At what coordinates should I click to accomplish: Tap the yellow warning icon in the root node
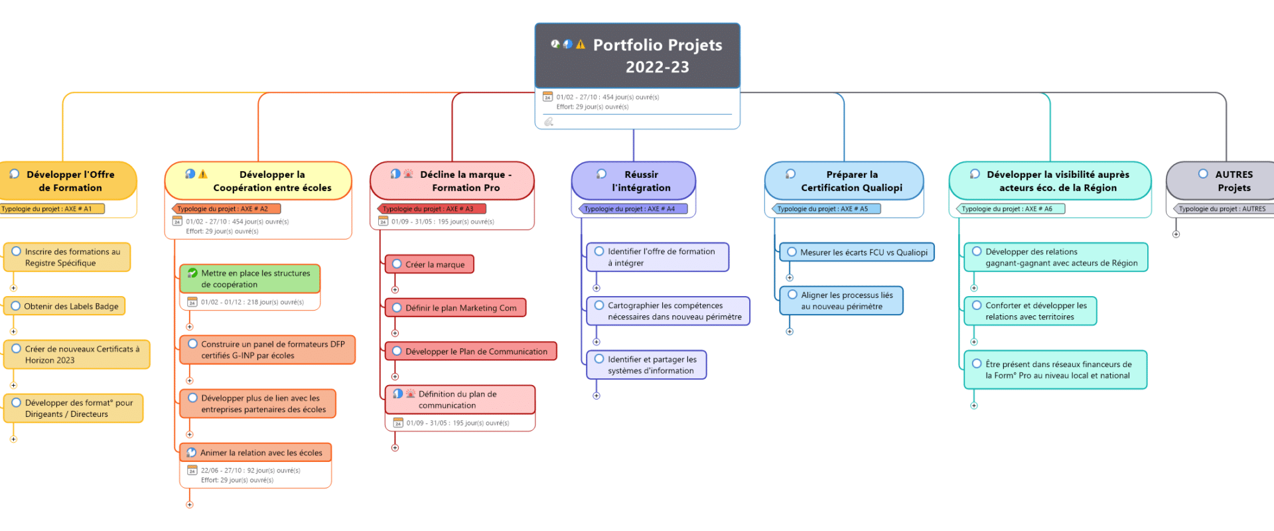point(581,44)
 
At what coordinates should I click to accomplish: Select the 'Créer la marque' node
point(429,264)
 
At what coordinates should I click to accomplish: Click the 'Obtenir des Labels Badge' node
point(65,306)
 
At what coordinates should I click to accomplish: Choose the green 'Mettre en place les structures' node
point(250,279)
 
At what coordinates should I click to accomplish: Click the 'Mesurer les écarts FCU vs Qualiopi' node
point(857,252)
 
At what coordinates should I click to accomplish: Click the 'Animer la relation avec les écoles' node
point(255,453)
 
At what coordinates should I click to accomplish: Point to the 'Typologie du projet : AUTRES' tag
point(1222,209)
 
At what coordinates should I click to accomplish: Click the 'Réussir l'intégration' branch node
point(634,181)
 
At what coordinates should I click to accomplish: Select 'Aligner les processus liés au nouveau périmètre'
point(841,301)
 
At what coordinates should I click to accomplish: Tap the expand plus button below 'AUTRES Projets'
point(1176,234)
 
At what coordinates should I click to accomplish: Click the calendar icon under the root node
point(547,97)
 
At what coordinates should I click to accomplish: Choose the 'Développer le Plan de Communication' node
point(470,351)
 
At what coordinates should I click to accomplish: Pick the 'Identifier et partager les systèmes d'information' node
point(646,365)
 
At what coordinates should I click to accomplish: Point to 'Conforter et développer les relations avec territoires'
point(1030,311)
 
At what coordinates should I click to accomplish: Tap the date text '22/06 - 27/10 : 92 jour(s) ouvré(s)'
point(251,471)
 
